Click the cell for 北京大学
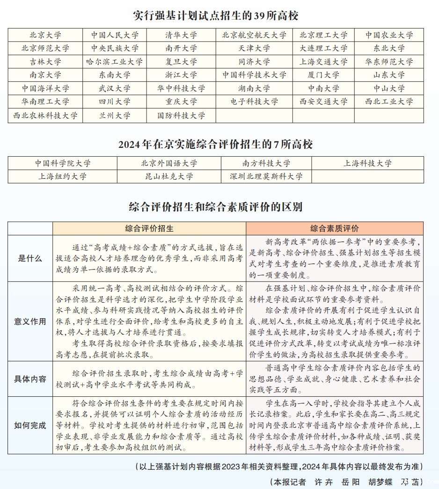pos(45,35)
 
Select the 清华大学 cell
pos(181,35)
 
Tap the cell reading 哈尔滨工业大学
pos(114,62)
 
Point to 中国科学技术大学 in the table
pos(254,75)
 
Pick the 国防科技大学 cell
pos(181,116)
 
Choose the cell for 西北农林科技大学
pos(45,116)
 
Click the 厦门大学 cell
pos(323,75)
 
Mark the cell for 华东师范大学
pos(389,62)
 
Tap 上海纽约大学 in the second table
pos(62,176)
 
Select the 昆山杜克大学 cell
pos(169,176)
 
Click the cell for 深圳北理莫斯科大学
pos(266,176)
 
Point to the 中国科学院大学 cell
pos(62,163)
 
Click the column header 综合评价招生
pos(149,228)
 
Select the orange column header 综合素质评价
pos(335,228)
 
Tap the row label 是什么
pos(30,258)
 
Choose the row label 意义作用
pos(30,321)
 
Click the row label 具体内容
pos(30,379)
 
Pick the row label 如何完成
pos(30,425)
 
